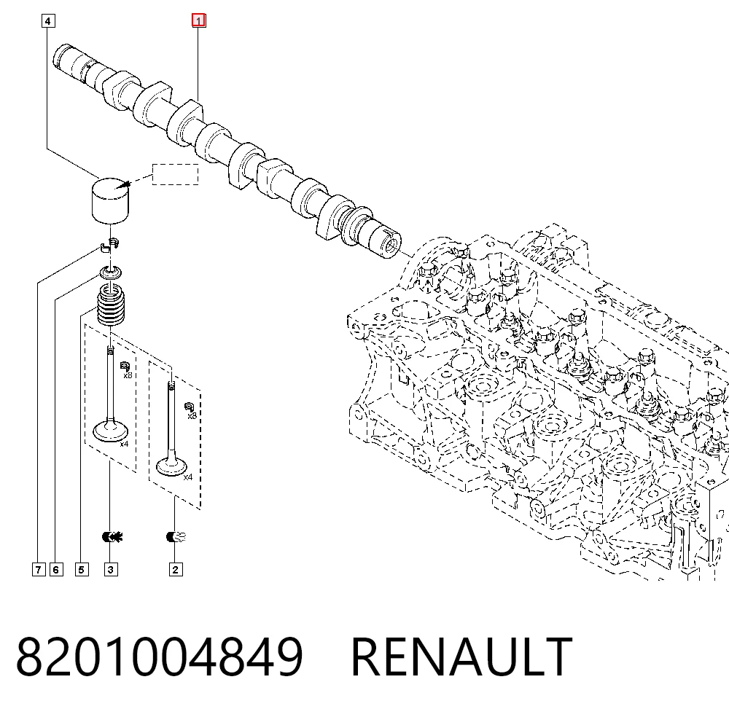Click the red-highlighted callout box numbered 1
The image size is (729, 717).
[198, 20]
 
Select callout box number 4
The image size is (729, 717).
[48, 21]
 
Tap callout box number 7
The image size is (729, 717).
[39, 569]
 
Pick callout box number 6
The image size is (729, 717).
[56, 569]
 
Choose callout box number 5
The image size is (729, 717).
[82, 569]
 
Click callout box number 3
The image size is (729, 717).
[111, 569]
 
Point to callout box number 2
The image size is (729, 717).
[176, 569]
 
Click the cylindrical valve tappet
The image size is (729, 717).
[110, 200]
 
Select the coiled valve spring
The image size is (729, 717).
[111, 306]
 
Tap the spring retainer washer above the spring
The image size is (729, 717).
[112, 273]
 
